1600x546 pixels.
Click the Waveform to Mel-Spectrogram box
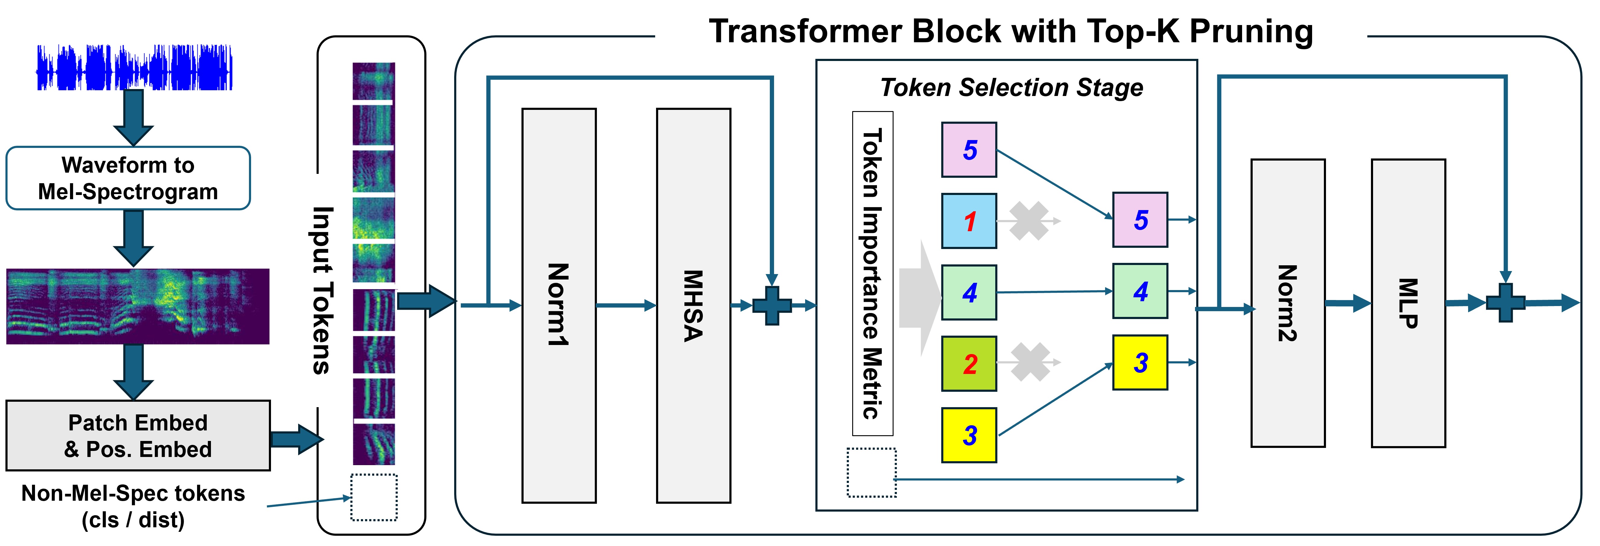click(128, 178)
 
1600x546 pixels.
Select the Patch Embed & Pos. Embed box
click(138, 436)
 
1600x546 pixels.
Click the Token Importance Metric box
click(873, 273)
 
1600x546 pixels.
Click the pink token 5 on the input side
click(969, 150)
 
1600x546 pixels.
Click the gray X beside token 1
click(1028, 221)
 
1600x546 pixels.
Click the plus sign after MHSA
click(772, 305)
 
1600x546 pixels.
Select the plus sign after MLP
click(1505, 303)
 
